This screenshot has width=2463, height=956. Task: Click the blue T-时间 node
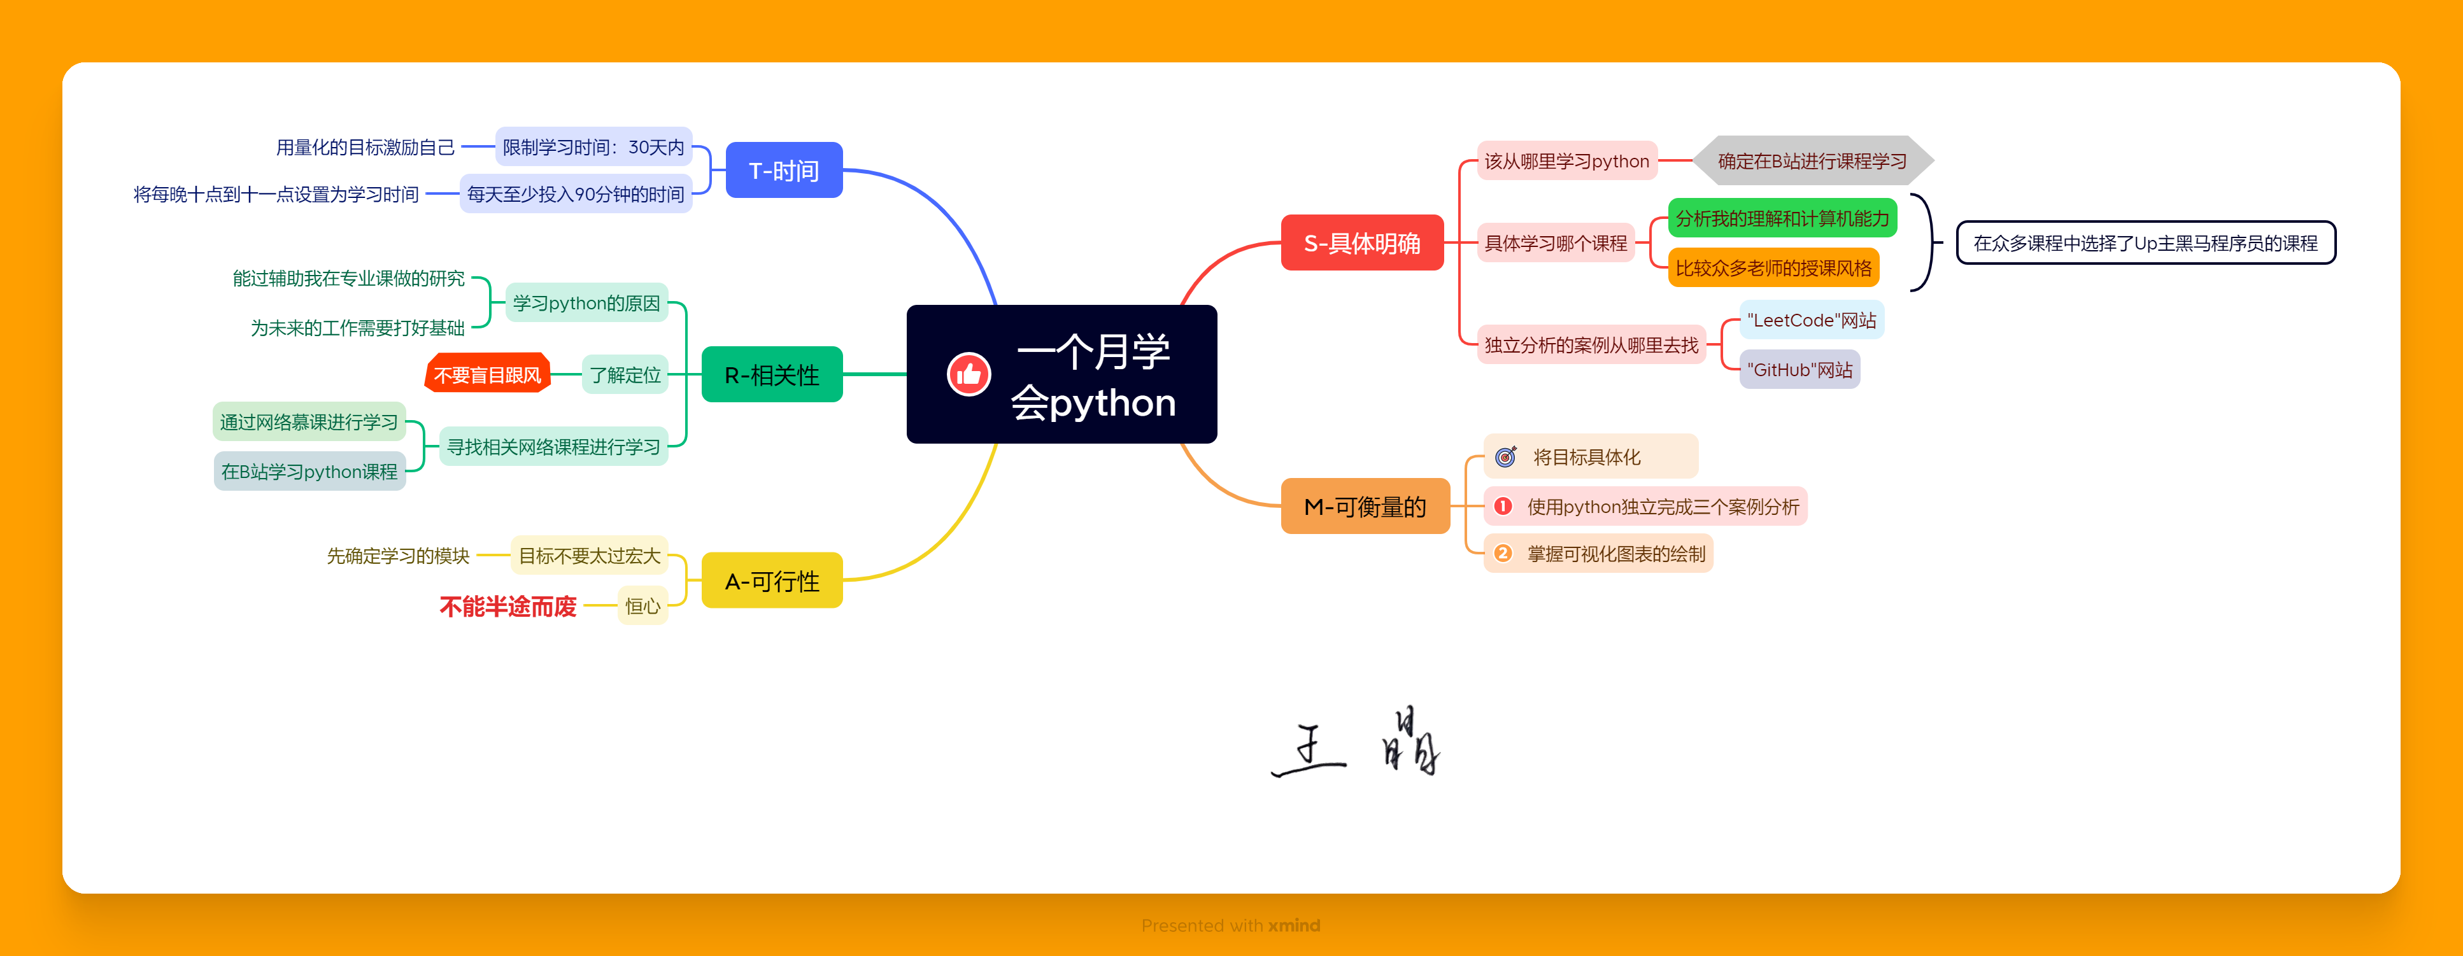click(x=784, y=170)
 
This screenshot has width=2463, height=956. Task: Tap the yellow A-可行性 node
click(x=772, y=580)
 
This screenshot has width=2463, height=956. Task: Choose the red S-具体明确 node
click(x=1361, y=243)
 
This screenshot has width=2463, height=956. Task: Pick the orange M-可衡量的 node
click(x=1365, y=506)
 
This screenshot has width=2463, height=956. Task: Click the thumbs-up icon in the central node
click(x=969, y=374)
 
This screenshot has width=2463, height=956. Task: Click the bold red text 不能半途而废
click(x=508, y=606)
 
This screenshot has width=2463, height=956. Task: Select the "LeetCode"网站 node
click(x=1811, y=320)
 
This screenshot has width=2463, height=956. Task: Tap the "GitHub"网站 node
click(x=1799, y=370)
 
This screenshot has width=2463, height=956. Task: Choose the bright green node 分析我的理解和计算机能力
click(x=1782, y=218)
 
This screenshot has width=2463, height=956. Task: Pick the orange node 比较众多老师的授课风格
click(x=1773, y=268)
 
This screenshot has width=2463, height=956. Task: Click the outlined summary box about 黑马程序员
click(x=2145, y=243)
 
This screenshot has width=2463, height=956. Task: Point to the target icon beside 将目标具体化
click(x=1506, y=457)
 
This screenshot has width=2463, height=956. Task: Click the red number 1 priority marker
click(x=1503, y=506)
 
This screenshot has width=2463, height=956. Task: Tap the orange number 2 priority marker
click(x=1503, y=554)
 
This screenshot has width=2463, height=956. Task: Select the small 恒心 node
click(x=642, y=606)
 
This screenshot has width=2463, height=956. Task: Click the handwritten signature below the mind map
click(x=1356, y=743)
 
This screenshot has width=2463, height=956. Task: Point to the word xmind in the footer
click(x=1294, y=925)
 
